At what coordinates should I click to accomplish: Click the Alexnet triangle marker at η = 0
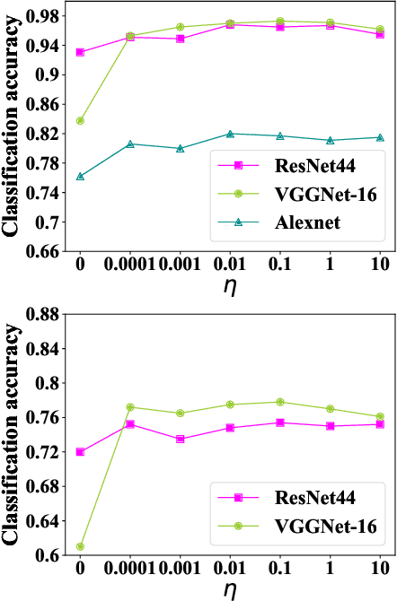point(81,176)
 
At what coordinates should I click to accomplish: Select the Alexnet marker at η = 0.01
point(231,134)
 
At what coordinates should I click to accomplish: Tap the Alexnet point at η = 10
point(380,137)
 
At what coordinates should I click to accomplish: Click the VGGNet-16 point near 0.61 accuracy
point(81,546)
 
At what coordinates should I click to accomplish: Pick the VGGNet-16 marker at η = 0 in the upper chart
point(81,120)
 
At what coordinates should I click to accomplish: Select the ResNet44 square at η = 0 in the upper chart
point(81,52)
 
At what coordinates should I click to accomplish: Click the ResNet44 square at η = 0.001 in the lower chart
point(181,439)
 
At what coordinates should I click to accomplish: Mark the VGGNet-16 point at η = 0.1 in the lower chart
point(280,402)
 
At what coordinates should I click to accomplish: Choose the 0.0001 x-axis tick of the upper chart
point(130,267)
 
